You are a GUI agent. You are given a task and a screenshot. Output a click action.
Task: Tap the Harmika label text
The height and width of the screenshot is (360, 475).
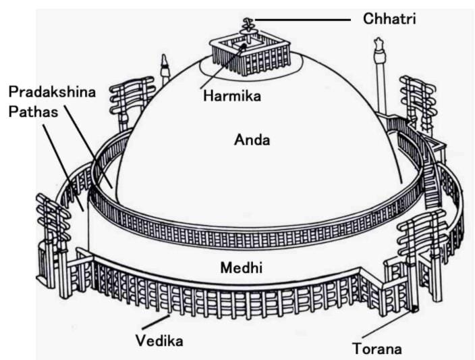coord(231,97)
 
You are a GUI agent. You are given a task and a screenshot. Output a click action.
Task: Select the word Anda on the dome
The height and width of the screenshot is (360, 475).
coord(252,140)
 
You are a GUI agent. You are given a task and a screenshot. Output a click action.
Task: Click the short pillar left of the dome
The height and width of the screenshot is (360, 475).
coord(163,70)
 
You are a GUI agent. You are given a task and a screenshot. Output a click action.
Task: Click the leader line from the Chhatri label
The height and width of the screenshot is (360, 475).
coord(304,20)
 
